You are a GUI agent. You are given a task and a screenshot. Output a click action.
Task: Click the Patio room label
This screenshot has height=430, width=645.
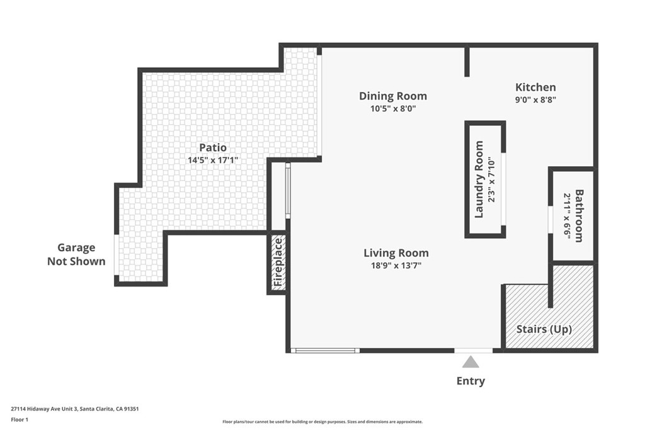212,147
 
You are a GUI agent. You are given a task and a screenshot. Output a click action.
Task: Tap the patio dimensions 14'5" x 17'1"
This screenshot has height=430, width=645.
212,160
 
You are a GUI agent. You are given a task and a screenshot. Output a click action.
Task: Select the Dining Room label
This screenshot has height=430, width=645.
392,96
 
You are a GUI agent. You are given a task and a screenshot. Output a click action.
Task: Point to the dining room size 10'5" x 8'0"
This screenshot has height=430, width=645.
392,108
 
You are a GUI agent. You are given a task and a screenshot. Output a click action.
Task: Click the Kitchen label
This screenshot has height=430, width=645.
535,87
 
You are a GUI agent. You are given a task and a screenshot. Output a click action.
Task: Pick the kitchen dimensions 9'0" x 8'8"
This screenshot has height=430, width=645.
535,99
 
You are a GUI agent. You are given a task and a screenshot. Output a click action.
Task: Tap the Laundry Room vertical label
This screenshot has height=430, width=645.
479,179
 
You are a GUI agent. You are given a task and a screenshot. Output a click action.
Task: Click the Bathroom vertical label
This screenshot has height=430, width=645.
579,215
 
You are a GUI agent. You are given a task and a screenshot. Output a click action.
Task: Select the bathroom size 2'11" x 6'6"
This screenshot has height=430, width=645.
567,215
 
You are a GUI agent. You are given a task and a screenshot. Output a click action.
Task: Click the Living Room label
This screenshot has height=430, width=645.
396,253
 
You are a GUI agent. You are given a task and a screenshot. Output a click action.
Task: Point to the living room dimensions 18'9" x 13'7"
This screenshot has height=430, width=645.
396,266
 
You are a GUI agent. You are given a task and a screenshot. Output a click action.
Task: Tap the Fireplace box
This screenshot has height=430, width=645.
278,263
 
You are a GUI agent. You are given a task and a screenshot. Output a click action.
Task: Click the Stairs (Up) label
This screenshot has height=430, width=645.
544,329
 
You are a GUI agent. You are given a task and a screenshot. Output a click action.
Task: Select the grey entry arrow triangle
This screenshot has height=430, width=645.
471,362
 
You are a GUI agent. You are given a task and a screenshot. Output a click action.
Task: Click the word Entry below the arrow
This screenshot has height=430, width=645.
471,381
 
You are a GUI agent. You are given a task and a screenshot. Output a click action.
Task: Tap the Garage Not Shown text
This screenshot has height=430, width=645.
76,254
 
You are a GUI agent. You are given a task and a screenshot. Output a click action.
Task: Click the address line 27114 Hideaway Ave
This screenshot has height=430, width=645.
74,409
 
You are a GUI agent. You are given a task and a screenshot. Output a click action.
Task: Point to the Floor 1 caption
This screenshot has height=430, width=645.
20,419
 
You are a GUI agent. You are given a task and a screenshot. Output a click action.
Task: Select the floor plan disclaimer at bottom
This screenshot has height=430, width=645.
322,422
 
